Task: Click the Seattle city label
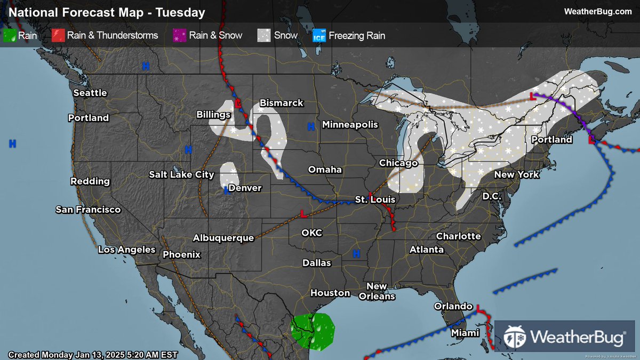point(90,93)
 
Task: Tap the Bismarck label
point(281,103)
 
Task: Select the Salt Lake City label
point(181,174)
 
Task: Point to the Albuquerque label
point(223,238)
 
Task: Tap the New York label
point(517,174)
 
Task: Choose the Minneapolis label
point(350,125)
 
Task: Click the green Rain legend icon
point(10,36)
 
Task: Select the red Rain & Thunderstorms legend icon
point(58,36)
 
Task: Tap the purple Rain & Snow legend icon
point(180,36)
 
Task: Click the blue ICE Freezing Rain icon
point(319,36)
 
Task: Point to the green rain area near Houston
point(313,332)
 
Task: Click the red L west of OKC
point(303,214)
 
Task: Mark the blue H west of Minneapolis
point(310,126)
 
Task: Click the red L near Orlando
point(478,308)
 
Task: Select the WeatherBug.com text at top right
point(597,12)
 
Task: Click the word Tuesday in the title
point(180,12)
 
